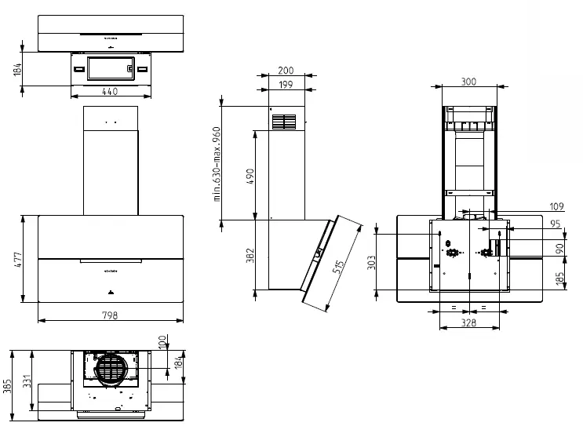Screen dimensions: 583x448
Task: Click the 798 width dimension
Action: [110, 315]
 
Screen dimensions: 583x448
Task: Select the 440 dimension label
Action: [110, 91]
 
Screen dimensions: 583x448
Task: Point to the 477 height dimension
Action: [18, 260]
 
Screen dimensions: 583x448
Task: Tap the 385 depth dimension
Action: [7, 386]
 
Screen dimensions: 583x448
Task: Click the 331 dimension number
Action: [27, 381]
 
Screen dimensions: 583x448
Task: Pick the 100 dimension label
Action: [162, 342]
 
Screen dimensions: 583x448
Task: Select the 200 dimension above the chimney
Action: [286, 71]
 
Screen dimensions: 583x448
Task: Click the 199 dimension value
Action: [286, 85]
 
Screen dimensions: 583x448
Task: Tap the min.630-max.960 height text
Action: [217, 164]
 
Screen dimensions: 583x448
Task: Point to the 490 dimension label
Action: [250, 177]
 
